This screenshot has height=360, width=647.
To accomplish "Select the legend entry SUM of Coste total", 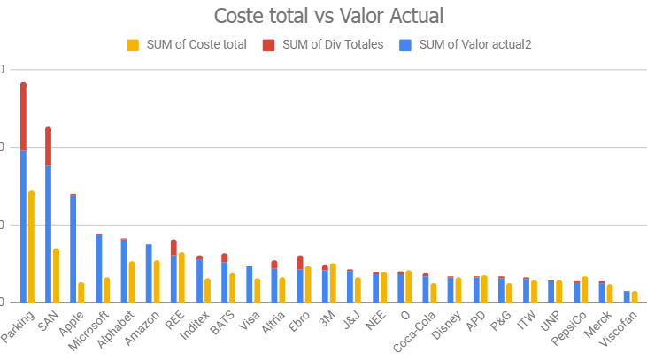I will (187, 44).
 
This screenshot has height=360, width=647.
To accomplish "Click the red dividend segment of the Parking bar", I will (23, 116).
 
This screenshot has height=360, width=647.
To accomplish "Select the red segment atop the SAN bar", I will (48, 146).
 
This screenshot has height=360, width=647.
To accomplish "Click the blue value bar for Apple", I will (73, 249).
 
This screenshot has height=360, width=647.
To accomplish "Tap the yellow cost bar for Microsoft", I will (106, 289).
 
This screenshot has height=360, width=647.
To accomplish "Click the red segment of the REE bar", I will (173, 247).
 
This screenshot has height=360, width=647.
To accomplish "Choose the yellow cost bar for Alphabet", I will (131, 281).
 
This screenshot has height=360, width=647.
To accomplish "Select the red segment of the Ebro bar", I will (300, 262).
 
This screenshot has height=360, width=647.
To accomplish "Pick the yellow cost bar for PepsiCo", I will (585, 289).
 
